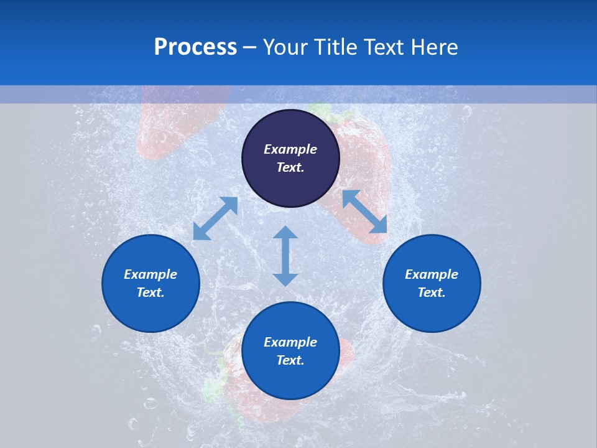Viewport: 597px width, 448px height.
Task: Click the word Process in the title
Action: (x=195, y=47)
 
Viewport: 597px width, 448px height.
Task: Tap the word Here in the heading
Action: (x=435, y=47)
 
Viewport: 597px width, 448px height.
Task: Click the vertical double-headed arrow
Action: (x=285, y=256)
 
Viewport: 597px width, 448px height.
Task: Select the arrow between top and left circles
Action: (x=215, y=218)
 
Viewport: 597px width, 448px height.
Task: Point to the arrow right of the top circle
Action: (x=365, y=212)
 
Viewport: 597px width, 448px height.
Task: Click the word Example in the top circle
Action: (x=290, y=149)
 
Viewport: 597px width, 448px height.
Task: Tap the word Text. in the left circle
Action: (x=150, y=292)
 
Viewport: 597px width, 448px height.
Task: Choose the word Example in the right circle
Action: (x=432, y=274)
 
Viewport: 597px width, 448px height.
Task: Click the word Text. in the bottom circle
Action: (x=290, y=360)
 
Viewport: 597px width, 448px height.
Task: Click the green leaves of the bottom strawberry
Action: (x=215, y=386)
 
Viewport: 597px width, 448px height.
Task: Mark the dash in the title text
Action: (x=249, y=47)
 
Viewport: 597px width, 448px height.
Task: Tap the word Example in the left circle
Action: (x=150, y=274)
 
